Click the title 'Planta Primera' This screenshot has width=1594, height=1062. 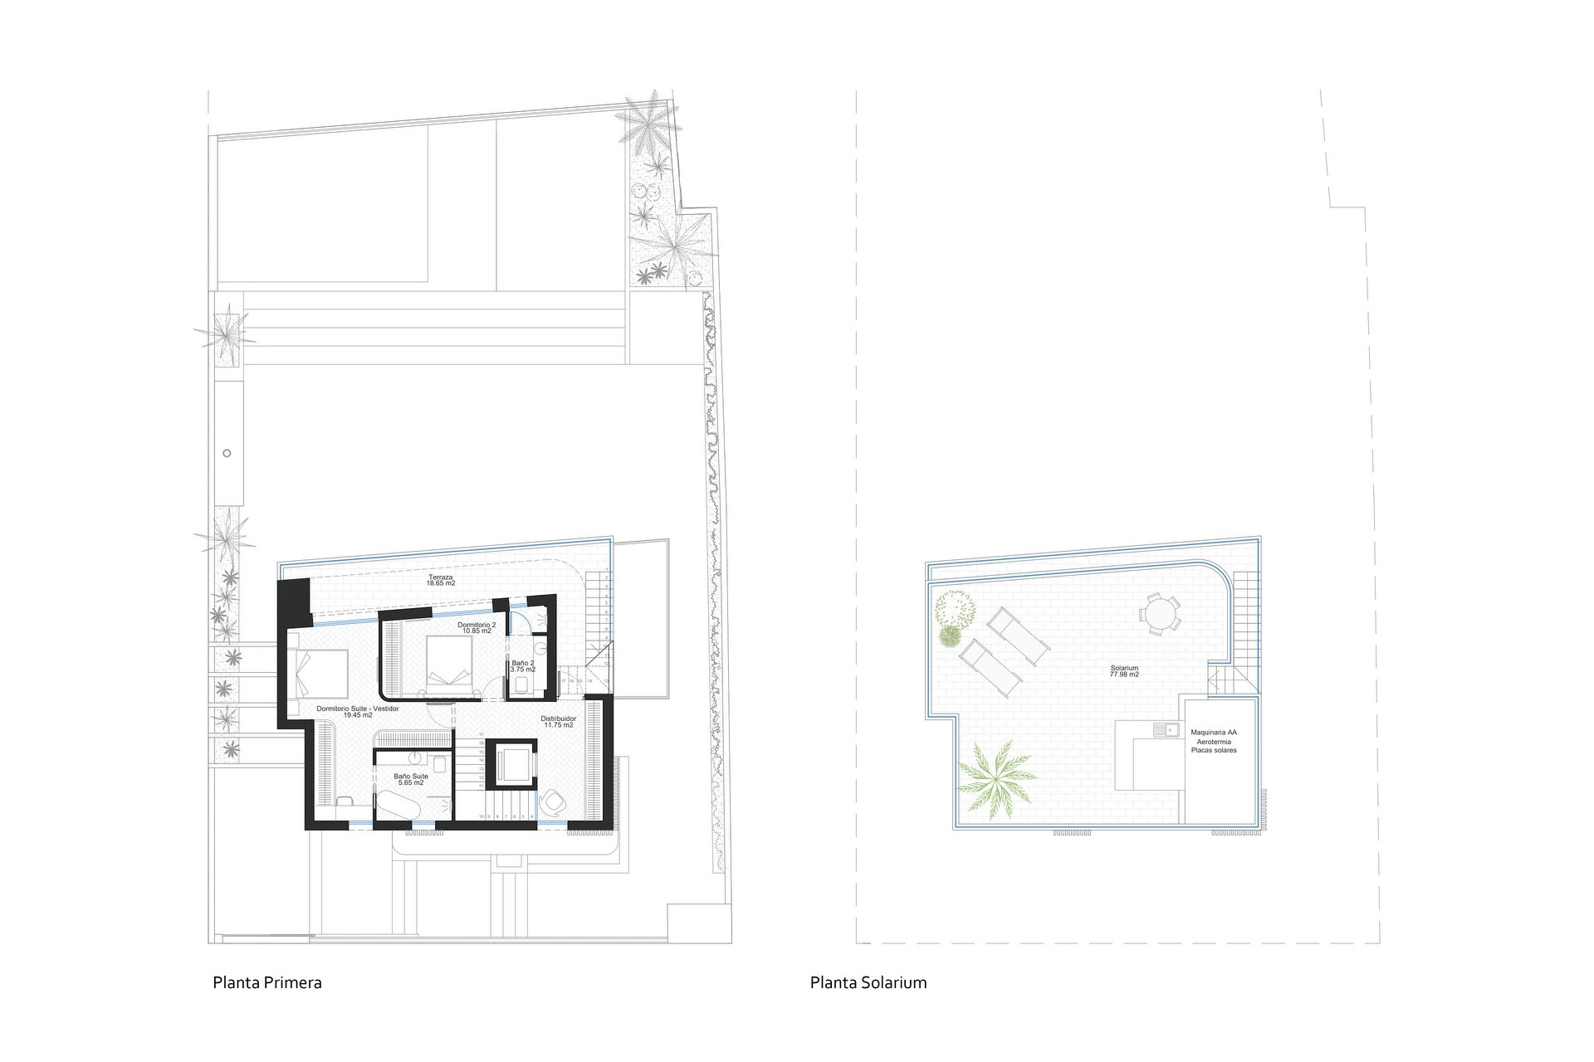266,983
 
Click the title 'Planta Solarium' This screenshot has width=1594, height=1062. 868,983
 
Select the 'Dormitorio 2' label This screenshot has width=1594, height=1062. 477,624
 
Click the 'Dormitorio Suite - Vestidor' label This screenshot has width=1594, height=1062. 358,709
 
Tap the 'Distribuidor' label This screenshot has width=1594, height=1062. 559,719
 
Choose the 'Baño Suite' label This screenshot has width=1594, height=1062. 411,777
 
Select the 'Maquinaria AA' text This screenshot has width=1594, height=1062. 1213,733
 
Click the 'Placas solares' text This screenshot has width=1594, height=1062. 1213,751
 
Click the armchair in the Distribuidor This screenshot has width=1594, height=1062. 552,799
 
